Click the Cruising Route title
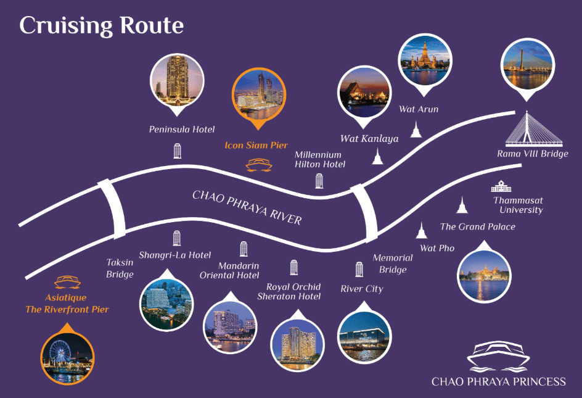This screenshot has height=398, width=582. point(101,26)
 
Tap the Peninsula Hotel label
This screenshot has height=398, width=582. point(182,130)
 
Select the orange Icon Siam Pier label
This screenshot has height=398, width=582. point(256,145)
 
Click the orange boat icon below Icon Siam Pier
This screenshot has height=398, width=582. point(259,165)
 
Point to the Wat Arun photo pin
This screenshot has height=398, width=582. point(425,64)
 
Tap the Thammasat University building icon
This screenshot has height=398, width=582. point(501,186)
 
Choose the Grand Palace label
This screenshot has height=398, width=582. point(478,226)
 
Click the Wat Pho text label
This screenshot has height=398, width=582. point(437,248)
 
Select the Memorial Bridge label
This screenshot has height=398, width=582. point(393,263)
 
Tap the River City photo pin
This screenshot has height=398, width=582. point(364,333)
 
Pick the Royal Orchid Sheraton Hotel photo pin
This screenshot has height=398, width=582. point(297,341)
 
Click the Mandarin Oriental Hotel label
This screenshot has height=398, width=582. point(229,270)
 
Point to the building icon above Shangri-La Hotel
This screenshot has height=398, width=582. point(177,238)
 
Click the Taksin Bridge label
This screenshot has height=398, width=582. point(120,268)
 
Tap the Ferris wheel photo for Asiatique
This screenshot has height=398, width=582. point(67,355)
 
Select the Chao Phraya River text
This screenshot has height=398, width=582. point(247,207)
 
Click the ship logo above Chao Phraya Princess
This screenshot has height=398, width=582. point(498,357)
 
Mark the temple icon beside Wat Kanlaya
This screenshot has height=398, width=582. point(377,156)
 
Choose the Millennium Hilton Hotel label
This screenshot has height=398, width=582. point(320,159)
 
